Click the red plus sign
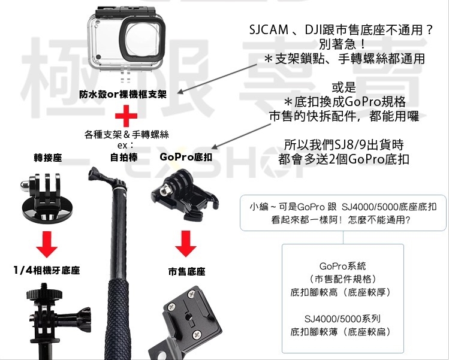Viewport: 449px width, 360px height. pyautogui.click(x=126, y=116)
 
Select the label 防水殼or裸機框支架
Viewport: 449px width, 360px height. pyautogui.click(x=123, y=94)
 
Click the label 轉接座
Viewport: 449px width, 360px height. pyautogui.click(x=48, y=158)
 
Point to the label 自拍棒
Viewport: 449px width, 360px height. pyautogui.click(x=123, y=157)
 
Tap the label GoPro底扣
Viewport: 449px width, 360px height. pyautogui.click(x=186, y=157)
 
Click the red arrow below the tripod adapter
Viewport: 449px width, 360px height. pyautogui.click(x=47, y=244)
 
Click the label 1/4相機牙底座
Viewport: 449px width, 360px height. pyautogui.click(x=47, y=270)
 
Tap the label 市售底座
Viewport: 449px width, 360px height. pyautogui.click(x=186, y=271)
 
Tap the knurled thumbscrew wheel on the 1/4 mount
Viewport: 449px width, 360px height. pyautogui.click(x=44, y=294)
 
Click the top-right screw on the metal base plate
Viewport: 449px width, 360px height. pyautogui.click(x=191, y=294)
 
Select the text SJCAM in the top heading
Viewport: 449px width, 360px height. pyautogui.click(x=269, y=29)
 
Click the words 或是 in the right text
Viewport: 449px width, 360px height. pyautogui.click(x=343, y=87)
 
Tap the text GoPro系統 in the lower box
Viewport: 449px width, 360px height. pyautogui.click(x=342, y=266)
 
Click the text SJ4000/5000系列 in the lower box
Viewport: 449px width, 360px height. pyautogui.click(x=342, y=318)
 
